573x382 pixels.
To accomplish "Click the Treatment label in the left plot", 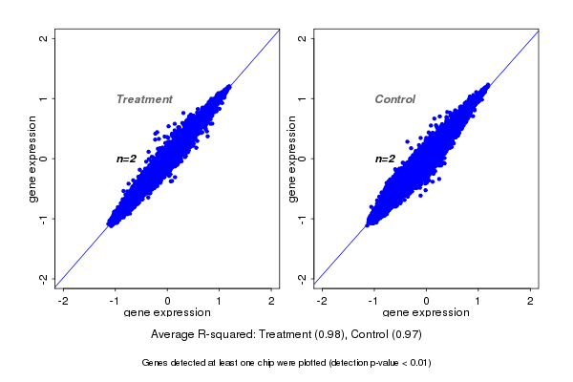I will [x=144, y=99].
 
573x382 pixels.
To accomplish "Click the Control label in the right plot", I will [x=395, y=99].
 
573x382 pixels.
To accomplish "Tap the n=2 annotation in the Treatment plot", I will [x=127, y=159].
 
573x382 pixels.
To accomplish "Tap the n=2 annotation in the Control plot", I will [x=385, y=159].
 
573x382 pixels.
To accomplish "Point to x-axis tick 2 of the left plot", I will [x=271, y=301].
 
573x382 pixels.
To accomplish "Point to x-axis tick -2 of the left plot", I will [x=64, y=301].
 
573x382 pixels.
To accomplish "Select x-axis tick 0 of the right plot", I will [x=427, y=301].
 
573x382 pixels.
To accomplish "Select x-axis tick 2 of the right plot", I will [x=531, y=301].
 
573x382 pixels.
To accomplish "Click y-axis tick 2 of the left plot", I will [x=43, y=39].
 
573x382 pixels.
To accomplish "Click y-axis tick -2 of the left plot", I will [x=43, y=278].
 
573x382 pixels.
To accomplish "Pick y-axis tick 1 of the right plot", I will [x=303, y=98].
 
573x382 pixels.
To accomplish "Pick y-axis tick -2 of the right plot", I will [x=303, y=278].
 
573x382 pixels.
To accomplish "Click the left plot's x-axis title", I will [x=167, y=313].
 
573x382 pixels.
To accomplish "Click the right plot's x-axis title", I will [x=426, y=313].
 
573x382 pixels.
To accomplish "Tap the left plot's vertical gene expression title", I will [x=33, y=159].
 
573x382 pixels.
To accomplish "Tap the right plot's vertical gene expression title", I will [x=291, y=159].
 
